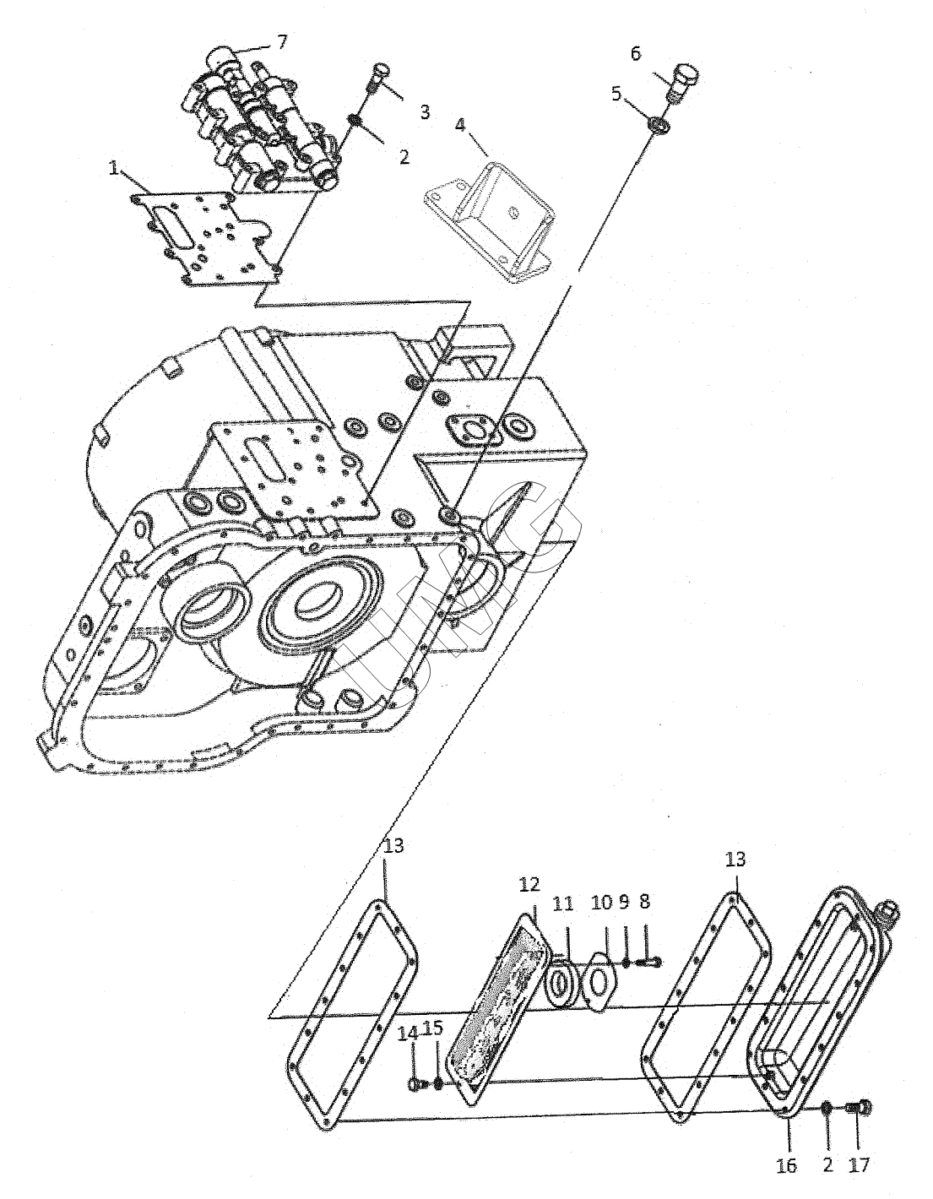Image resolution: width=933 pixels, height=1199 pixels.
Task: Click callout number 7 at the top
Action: coord(282,42)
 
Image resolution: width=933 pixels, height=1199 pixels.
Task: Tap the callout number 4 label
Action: coord(460,125)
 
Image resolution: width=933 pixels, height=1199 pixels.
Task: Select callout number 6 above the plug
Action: coord(636,54)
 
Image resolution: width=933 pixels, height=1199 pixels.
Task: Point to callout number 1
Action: coord(114,168)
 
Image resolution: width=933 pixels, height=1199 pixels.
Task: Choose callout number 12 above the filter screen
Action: coord(529,885)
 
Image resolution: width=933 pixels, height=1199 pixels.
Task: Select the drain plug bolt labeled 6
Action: coord(683,82)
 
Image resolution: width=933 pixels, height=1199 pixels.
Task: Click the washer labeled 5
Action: coord(659,125)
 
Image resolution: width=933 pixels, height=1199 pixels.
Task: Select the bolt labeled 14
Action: coord(418,1053)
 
